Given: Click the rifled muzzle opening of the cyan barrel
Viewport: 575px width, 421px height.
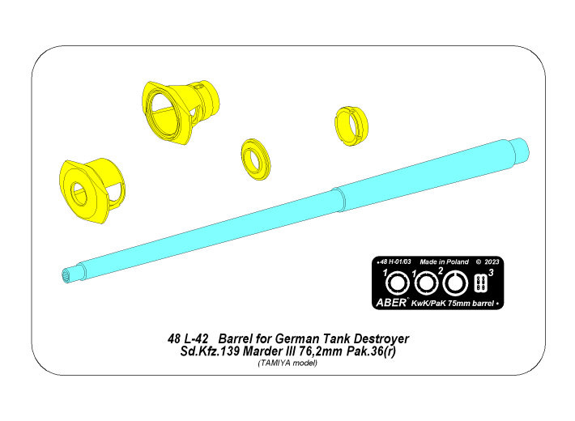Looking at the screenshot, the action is pyautogui.click(x=67, y=275).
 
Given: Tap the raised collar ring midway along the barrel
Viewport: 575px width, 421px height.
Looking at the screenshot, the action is pyautogui.click(x=339, y=200).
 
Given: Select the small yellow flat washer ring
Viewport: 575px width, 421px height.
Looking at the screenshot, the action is pyautogui.click(x=256, y=159).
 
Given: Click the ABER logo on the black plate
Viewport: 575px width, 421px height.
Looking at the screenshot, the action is pyautogui.click(x=391, y=302).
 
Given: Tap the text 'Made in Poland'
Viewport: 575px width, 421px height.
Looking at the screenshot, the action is pyautogui.click(x=444, y=262).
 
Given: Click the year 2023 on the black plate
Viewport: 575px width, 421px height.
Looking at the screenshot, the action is pyautogui.click(x=492, y=262).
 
